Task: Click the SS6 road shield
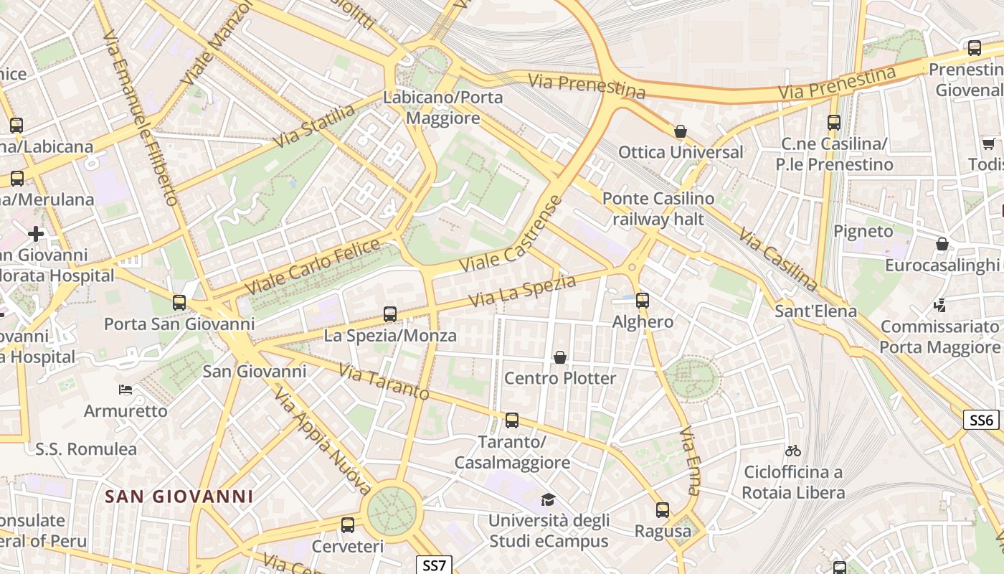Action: [981, 420]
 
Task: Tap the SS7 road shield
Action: [434, 565]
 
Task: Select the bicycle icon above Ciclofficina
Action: [792, 451]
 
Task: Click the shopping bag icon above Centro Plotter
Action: [560, 357]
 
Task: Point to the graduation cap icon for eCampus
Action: [548, 499]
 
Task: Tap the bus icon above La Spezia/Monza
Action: [390, 314]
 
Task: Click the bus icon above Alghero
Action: [643, 301]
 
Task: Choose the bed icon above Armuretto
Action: [126, 390]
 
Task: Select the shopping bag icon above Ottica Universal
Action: [681, 131]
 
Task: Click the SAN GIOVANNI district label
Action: [179, 497]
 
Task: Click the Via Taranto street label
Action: [384, 382]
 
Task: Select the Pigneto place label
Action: [863, 231]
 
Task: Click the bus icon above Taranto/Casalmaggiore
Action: [511, 420]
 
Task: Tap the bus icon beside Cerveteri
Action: [348, 525]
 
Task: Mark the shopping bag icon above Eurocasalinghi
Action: [942, 244]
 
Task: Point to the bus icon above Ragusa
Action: [663, 510]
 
